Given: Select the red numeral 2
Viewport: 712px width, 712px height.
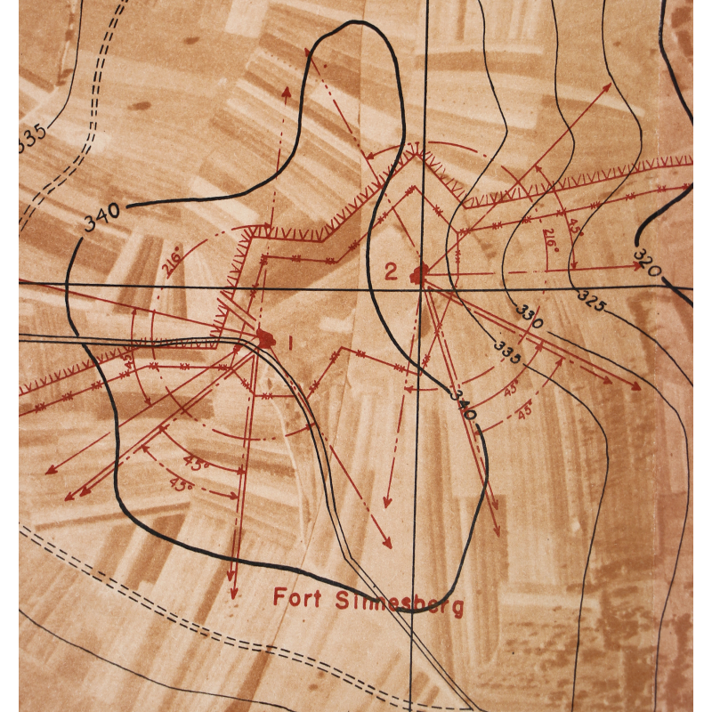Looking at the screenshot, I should [x=391, y=271].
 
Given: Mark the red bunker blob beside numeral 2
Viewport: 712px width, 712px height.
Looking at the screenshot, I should [x=418, y=274].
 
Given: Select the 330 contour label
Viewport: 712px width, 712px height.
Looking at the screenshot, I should [x=529, y=317].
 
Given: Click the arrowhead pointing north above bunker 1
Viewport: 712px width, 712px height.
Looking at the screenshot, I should [x=286, y=91].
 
